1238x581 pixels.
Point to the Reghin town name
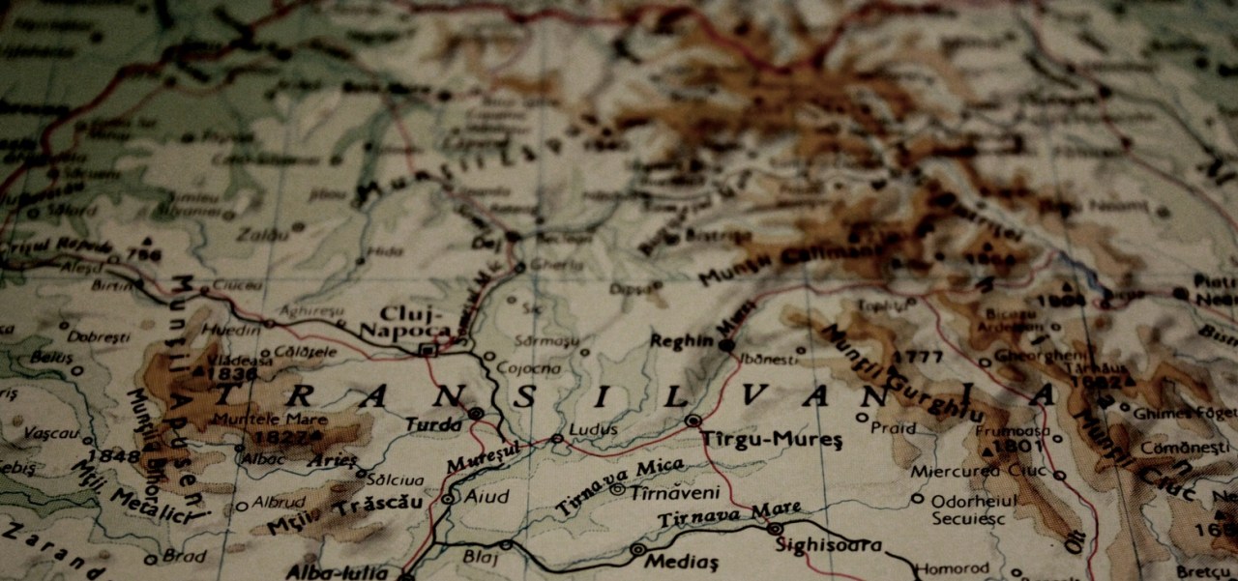[x=681, y=341]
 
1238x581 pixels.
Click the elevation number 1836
[x=232, y=374]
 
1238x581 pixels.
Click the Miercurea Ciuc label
[x=978, y=472]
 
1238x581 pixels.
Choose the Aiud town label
[x=487, y=497]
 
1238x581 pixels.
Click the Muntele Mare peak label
[x=270, y=420]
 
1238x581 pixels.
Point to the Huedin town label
[x=229, y=331]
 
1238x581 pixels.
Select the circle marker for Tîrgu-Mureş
[x=693, y=421]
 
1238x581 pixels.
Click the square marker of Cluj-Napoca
[x=427, y=349]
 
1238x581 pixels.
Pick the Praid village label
[x=893, y=427]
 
